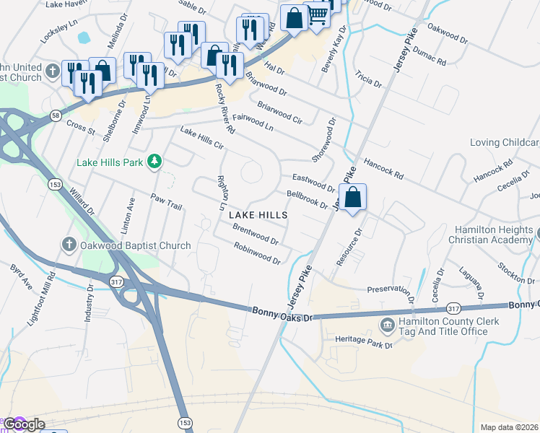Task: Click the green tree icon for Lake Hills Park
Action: click(154, 162)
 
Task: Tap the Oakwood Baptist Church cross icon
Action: click(69, 245)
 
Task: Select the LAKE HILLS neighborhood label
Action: click(258, 215)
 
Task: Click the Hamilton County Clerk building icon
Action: click(388, 326)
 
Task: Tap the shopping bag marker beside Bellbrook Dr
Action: click(352, 197)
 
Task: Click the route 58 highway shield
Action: click(56, 115)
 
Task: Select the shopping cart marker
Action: click(318, 14)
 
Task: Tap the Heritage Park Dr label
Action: click(363, 341)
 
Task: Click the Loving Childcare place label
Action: click(505, 142)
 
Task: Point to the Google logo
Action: click(23, 424)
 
